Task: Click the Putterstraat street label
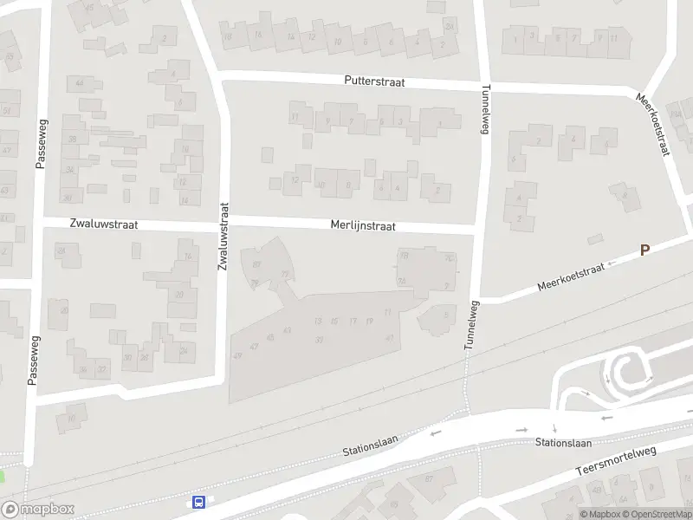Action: (375, 83)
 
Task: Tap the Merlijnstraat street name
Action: (363, 225)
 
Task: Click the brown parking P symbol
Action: (644, 250)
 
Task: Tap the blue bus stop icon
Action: (198, 501)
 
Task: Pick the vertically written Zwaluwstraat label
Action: (224, 236)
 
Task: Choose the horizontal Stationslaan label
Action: (563, 443)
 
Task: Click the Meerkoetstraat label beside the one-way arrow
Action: (569, 275)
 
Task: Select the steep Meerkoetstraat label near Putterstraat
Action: (653, 125)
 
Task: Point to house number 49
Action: (238, 356)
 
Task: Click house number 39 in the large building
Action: (320, 340)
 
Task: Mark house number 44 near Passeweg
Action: (80, 83)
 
